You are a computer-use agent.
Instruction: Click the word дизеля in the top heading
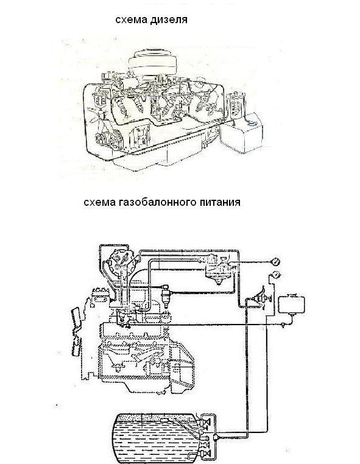pos(169,20)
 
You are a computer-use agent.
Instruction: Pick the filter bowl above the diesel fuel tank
pos(236,105)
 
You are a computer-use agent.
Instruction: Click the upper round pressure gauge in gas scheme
pos(275,262)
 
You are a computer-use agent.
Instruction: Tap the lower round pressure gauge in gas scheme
pos(275,275)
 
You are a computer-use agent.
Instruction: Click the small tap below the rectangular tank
pos(283,325)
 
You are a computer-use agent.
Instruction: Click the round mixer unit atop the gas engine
pos(119,262)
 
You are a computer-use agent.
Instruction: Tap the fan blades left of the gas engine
pos(76,331)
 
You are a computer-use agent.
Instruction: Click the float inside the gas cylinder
pos(164,421)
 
